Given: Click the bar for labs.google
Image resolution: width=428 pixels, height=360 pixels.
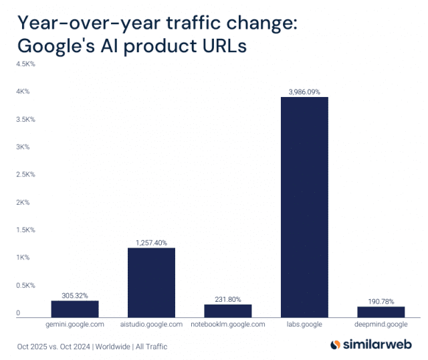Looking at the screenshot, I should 304,207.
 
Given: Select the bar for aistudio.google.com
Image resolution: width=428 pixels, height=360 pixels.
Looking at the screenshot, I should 151,282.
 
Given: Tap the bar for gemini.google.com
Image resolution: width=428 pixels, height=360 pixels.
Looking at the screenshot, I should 75,308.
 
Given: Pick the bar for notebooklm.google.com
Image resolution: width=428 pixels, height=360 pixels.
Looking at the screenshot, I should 228,310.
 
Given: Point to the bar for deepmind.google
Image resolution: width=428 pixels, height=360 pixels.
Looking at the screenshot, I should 381,311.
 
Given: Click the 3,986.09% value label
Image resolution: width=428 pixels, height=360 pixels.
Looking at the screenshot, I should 304,90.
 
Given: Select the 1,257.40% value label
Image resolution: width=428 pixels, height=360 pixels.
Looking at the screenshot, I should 151,242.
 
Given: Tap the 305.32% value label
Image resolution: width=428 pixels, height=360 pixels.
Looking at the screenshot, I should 75,294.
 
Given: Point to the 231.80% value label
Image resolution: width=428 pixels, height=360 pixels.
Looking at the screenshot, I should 228,298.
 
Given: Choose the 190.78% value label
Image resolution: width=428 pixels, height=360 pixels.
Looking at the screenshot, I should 381,300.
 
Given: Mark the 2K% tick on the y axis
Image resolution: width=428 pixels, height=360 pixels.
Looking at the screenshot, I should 23,202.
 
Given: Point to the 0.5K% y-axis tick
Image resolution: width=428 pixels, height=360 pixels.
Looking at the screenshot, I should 25,285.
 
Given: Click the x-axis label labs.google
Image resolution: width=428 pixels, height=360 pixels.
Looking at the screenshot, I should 304,325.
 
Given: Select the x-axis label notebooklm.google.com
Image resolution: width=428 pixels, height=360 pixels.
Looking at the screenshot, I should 228,325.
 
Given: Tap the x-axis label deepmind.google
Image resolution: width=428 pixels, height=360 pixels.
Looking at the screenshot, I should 381,325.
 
